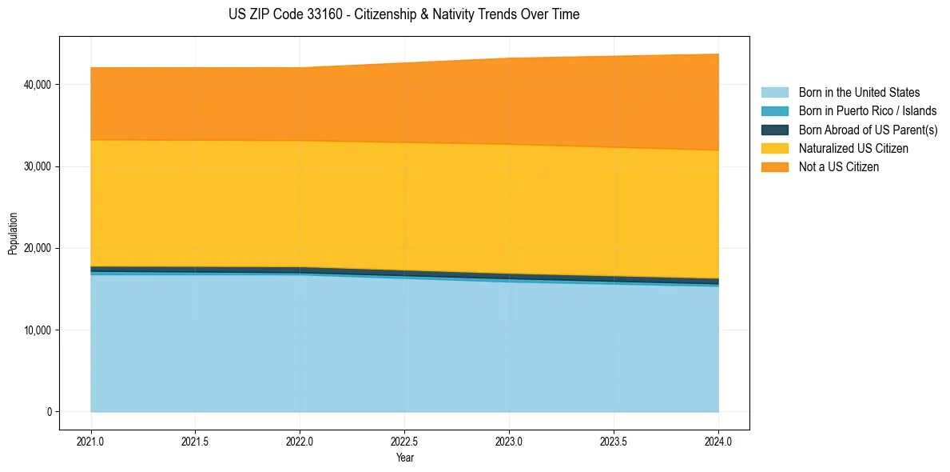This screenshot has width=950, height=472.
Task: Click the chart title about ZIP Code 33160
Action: coord(403,14)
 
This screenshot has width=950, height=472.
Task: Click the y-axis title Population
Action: coord(13,233)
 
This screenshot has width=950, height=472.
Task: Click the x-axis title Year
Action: coord(404,458)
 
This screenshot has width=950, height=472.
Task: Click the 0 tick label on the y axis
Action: coord(48,412)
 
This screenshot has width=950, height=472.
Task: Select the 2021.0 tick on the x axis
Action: coord(91,441)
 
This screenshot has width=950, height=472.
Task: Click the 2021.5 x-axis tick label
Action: coord(196,441)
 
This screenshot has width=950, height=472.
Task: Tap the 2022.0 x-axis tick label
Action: coord(300,441)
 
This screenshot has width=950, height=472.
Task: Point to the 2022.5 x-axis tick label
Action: coord(405,441)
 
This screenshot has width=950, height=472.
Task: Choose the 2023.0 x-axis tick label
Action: coord(509,441)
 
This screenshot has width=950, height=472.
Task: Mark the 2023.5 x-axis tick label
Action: coord(614,441)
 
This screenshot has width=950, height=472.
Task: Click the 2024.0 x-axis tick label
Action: coord(718,441)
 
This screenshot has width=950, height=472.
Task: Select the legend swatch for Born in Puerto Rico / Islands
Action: coord(774,111)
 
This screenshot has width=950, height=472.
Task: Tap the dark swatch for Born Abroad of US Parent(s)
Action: coord(774,130)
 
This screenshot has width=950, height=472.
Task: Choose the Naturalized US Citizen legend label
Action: coord(853,149)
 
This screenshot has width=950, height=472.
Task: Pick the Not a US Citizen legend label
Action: coord(839,167)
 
